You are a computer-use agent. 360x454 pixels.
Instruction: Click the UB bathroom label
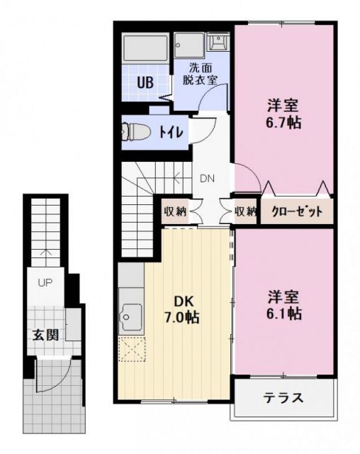(145, 81)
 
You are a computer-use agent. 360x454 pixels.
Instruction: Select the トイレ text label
(171, 133)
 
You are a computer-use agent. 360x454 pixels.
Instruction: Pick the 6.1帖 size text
(283, 313)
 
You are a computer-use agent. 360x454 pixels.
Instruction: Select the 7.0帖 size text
(178, 317)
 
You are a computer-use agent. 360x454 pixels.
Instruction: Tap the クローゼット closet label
(298, 211)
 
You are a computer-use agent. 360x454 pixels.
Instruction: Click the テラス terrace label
(284, 397)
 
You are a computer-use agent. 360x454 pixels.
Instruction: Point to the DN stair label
(208, 178)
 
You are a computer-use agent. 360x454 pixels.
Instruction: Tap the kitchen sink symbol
(130, 313)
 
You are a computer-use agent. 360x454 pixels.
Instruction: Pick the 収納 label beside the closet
(245, 211)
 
